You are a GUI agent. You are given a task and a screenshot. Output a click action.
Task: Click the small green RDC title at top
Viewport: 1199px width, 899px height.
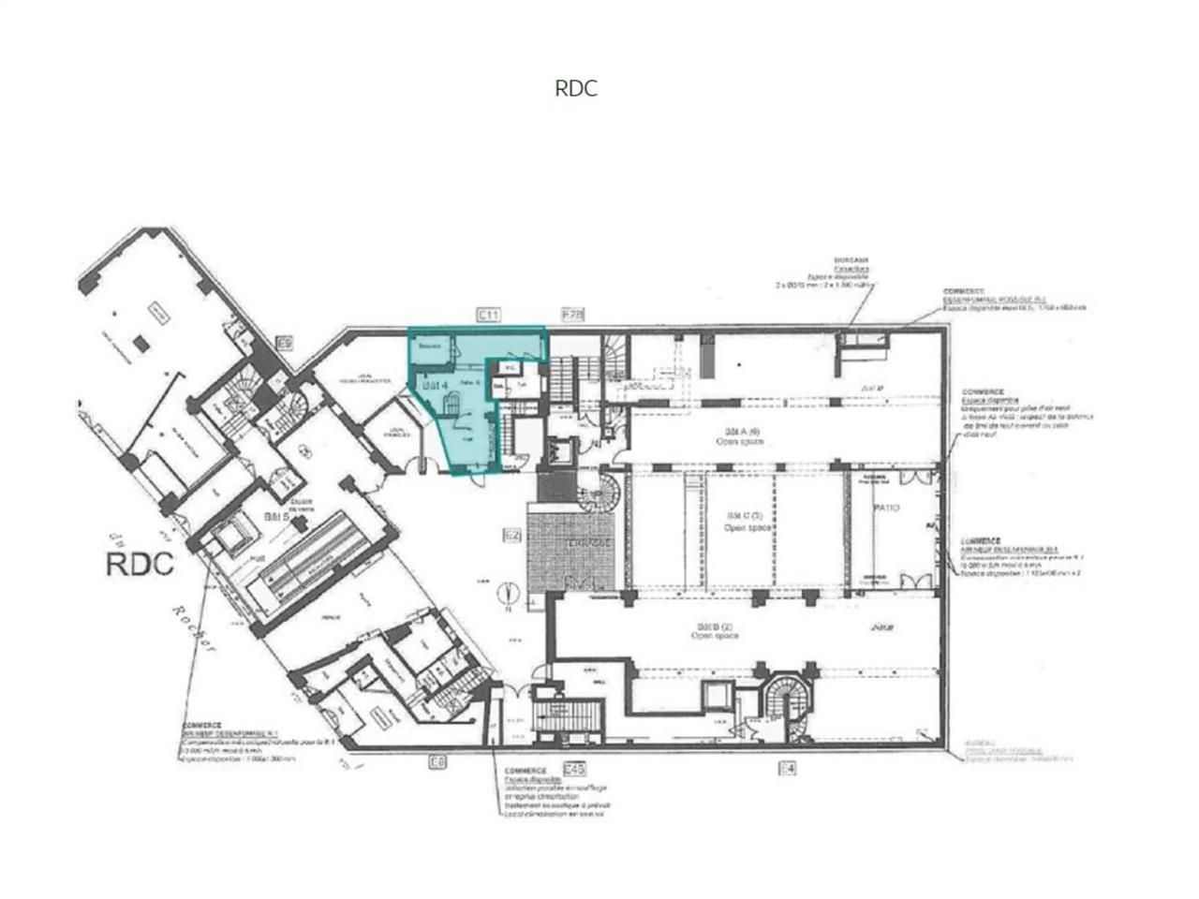(575, 88)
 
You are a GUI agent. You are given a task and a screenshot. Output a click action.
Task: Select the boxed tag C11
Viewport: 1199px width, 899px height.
(488, 315)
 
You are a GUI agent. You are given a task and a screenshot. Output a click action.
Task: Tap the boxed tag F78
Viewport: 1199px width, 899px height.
(571, 315)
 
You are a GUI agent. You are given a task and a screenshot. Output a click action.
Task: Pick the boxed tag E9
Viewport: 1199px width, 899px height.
(286, 344)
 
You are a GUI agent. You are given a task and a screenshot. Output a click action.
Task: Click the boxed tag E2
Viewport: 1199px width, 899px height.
(511, 537)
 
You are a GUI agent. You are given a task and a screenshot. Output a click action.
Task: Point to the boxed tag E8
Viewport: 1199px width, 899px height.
(437, 762)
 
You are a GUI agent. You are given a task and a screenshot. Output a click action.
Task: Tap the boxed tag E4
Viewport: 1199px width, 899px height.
(787, 768)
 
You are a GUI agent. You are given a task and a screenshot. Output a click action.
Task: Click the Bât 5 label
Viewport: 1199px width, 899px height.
(274, 516)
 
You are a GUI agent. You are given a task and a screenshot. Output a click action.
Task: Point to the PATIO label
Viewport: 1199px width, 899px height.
(886, 508)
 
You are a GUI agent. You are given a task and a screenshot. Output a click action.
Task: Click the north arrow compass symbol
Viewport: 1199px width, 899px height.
(509, 593)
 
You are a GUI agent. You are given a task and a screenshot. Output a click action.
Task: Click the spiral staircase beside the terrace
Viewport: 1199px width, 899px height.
(596, 492)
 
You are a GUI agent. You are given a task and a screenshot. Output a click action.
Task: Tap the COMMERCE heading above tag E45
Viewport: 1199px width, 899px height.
(525, 771)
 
